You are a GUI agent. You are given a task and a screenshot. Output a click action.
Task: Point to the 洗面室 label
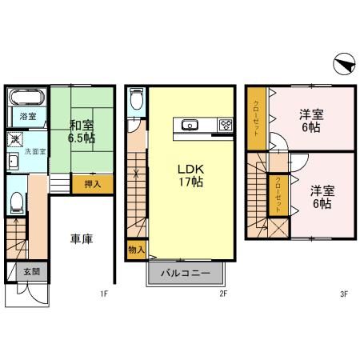[34, 150]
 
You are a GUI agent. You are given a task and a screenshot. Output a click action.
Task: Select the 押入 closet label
[93, 184]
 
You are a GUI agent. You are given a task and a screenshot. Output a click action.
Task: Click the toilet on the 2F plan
[136, 100]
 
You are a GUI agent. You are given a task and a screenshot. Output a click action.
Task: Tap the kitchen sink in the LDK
[190, 124]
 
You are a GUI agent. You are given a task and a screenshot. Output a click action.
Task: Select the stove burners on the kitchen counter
[226, 125]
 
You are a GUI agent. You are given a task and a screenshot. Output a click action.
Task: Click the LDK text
[190, 169]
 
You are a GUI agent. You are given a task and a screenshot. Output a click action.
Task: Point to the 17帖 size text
[190, 182]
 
